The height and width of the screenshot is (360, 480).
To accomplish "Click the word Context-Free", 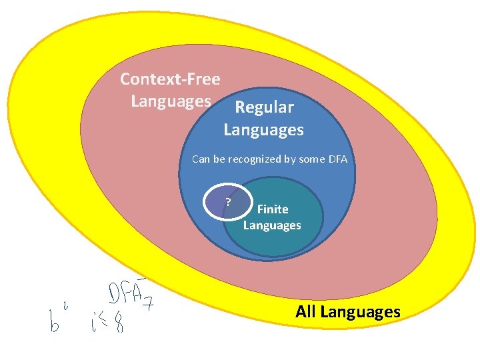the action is tap(170, 79).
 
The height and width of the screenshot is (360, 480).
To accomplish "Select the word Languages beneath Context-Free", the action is tap(171, 101).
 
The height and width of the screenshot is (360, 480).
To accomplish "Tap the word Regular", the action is tap(264, 107).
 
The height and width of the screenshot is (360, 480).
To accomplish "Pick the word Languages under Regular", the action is tap(263, 129).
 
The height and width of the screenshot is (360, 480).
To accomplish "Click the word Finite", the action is tap(273, 209).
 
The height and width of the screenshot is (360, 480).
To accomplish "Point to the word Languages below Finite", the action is tap(272, 225).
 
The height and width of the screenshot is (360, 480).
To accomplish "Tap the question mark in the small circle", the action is tap(228, 201).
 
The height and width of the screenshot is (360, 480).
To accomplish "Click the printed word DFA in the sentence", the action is tap(337, 159).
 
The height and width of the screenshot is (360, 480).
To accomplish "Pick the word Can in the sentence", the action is tap(200, 159).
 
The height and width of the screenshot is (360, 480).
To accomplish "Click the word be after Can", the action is tap(219, 159).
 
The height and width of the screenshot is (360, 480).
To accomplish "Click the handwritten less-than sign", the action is tap(106, 325).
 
